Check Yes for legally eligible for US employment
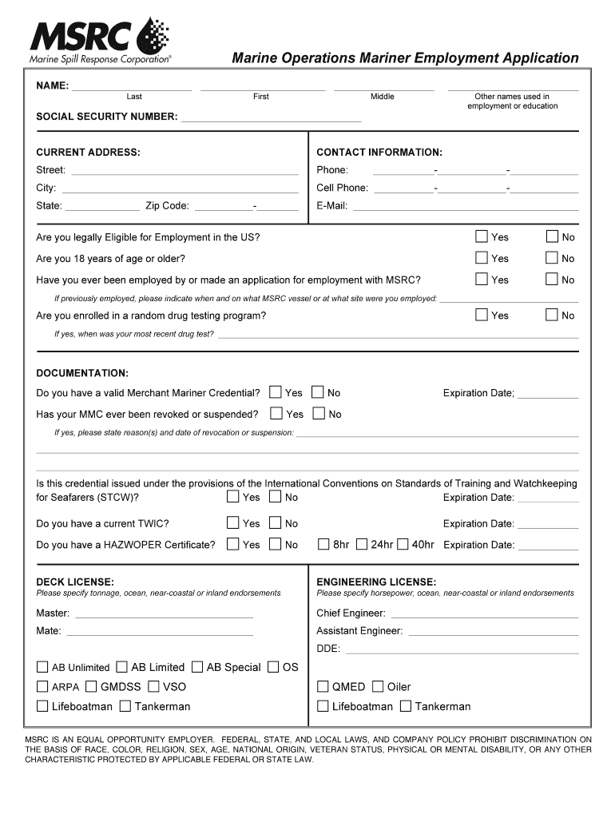(482, 236)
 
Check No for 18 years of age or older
(552, 257)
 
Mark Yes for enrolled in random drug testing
(482, 315)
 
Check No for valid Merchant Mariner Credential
(318, 392)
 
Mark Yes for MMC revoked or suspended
(276, 414)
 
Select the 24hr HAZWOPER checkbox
(362, 545)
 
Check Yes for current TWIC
(232, 523)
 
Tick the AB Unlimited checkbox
(42, 667)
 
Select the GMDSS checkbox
(91, 686)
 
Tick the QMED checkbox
(323, 686)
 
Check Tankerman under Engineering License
(406, 706)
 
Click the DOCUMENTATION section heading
(82, 373)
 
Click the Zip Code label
(167, 206)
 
